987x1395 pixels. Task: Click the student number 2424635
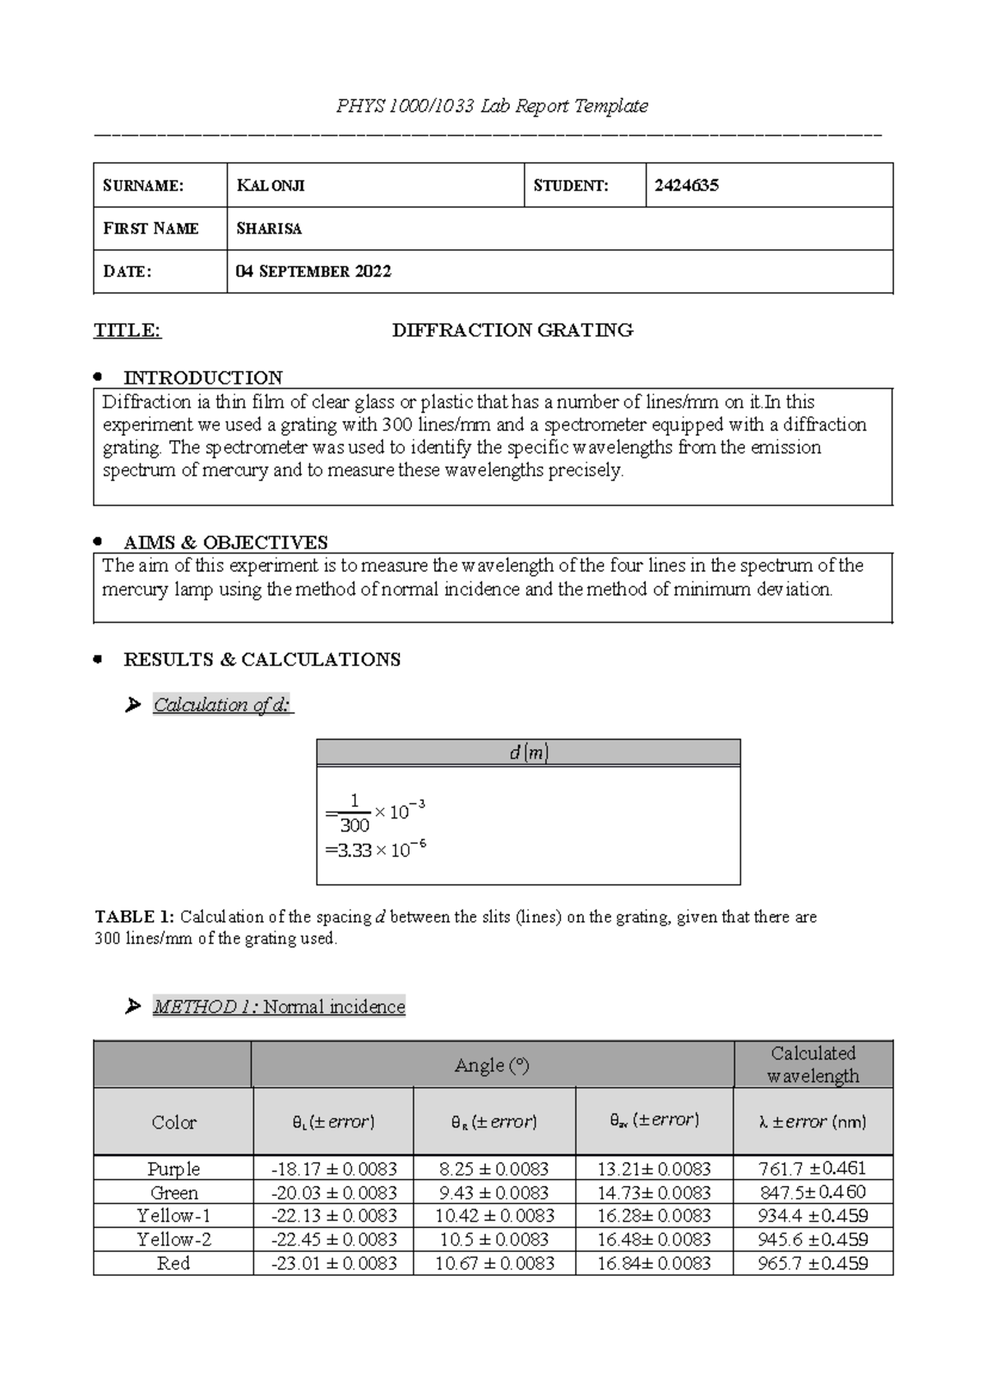(x=687, y=185)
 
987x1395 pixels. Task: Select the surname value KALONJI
(x=271, y=185)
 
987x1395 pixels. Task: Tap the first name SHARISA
(x=269, y=229)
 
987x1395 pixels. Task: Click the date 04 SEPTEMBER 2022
(x=313, y=271)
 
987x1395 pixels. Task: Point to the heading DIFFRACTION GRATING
(x=512, y=331)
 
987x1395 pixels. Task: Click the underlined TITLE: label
(x=127, y=331)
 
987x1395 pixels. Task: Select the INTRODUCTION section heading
(x=202, y=378)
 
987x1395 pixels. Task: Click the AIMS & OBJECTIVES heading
(x=225, y=542)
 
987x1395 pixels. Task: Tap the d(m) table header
(x=528, y=753)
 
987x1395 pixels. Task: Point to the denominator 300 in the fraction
(x=354, y=826)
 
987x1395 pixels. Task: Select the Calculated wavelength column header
(x=813, y=1064)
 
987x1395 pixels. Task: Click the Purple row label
(x=174, y=1169)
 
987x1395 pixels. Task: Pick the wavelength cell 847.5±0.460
(x=813, y=1193)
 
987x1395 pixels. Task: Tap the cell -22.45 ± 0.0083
(x=334, y=1240)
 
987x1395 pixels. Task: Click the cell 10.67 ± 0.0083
(x=494, y=1263)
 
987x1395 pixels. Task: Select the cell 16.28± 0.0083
(x=654, y=1216)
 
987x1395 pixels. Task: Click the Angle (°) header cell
(x=492, y=1065)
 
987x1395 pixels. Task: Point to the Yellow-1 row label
(x=174, y=1216)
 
